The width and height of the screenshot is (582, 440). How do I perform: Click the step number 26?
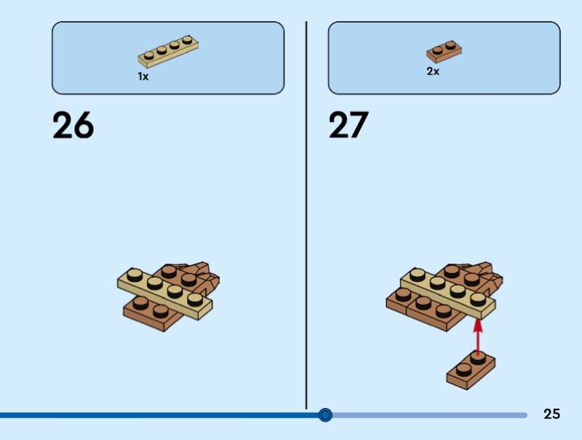pos(73,125)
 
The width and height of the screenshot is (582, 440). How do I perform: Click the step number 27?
pos(348,125)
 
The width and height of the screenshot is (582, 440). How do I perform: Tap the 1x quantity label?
pos(143,76)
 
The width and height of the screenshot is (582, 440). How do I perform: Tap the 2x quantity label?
pos(433,71)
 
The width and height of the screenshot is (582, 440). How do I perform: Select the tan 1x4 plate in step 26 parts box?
pos(168,50)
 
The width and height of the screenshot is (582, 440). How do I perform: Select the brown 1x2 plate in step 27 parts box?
pos(445,51)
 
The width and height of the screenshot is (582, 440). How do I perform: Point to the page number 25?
pos(551,414)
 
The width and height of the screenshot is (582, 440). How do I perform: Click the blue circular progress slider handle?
pos(325,415)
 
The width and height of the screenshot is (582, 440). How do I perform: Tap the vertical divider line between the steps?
pos(306,219)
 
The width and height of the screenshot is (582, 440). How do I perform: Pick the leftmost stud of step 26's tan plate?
pos(134,275)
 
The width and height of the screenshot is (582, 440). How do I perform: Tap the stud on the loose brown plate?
pos(477,356)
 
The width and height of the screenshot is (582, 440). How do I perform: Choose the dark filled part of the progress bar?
pos(145,415)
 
